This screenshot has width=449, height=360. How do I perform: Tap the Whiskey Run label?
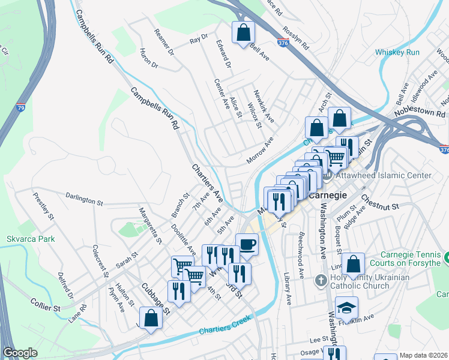click(x=397, y=52)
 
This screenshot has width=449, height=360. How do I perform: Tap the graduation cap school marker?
click(x=346, y=308)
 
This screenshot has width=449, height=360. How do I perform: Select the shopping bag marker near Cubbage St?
click(x=150, y=318)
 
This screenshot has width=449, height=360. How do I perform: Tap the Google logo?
click(x=20, y=353)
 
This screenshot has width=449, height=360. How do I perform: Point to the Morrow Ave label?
click(x=259, y=153)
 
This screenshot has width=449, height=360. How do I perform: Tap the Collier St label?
click(x=47, y=308)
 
